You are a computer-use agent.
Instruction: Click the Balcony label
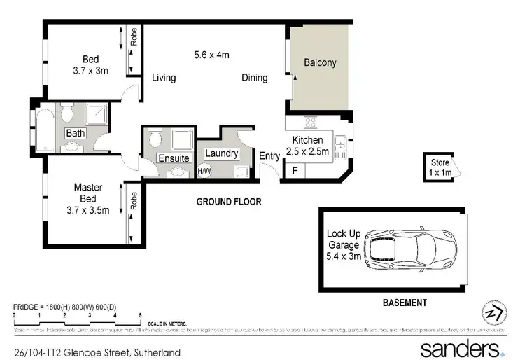pos(320,62)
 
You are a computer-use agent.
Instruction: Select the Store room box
pos(440,167)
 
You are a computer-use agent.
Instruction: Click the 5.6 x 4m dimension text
pos(212,54)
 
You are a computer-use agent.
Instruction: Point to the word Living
pos(164,78)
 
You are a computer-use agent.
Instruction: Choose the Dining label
pos(255,78)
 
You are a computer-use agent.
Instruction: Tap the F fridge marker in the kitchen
pos(295,170)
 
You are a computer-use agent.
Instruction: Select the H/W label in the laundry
pos(204,171)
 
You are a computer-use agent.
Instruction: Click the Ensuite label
pos(174,158)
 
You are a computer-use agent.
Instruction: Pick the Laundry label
pos(221,153)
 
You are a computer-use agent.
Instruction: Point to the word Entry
pos(269,155)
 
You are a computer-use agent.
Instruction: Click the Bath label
pos(76,133)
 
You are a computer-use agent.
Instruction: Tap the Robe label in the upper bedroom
pos(133,37)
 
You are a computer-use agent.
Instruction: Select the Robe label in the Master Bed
pos(133,202)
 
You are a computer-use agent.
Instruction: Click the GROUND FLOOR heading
pos(229,202)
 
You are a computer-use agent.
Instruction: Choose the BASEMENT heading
pos(404,303)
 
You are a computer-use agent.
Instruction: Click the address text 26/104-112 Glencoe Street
pos(97,352)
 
